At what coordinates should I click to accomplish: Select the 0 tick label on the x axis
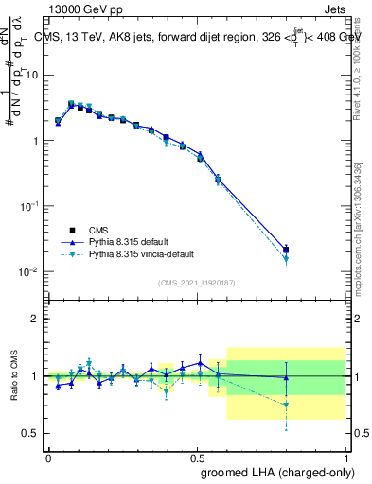click(48, 457)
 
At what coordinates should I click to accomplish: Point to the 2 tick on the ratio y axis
click(34, 320)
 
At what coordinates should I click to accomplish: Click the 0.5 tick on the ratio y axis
click(30, 433)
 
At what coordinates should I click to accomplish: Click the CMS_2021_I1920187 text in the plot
click(197, 282)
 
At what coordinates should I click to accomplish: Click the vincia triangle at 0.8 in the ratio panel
click(286, 405)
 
